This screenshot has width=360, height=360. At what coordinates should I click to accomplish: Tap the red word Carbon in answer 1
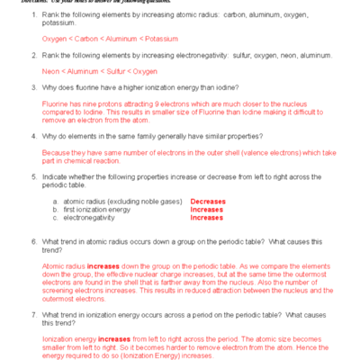(82, 39)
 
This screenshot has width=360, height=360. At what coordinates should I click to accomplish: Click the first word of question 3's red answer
(55, 104)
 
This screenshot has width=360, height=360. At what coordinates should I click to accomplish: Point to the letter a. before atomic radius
(55, 202)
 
